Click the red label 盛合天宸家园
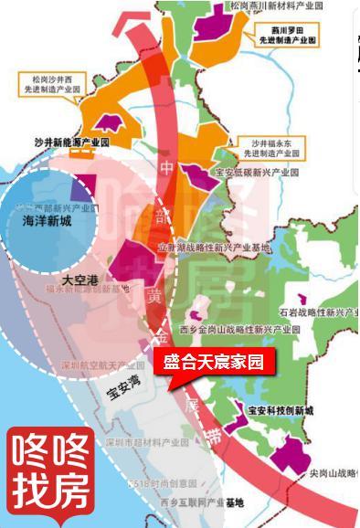tap(213, 362)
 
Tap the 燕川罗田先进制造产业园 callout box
tap(287, 36)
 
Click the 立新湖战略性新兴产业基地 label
tap(215, 248)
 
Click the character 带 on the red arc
tap(213, 438)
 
